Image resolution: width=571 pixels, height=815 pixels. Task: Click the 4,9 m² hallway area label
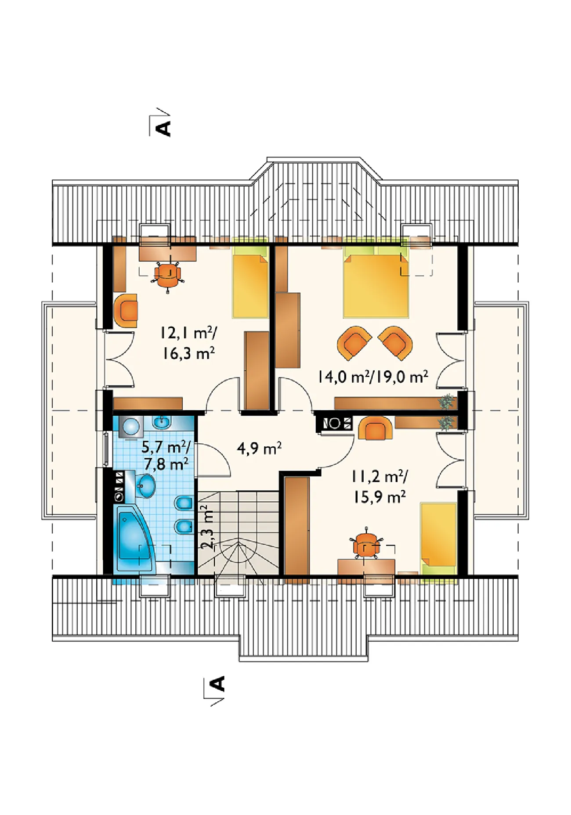pos(259,449)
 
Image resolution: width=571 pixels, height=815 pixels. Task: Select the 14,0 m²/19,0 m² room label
pos(373,377)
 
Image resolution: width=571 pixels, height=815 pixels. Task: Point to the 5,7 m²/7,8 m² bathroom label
pos(166,455)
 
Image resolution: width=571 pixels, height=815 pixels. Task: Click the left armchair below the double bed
pos(355,343)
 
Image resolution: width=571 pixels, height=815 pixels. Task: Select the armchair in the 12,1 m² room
pos(126,311)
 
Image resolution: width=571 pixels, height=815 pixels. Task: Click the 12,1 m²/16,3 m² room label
pos(188,343)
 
